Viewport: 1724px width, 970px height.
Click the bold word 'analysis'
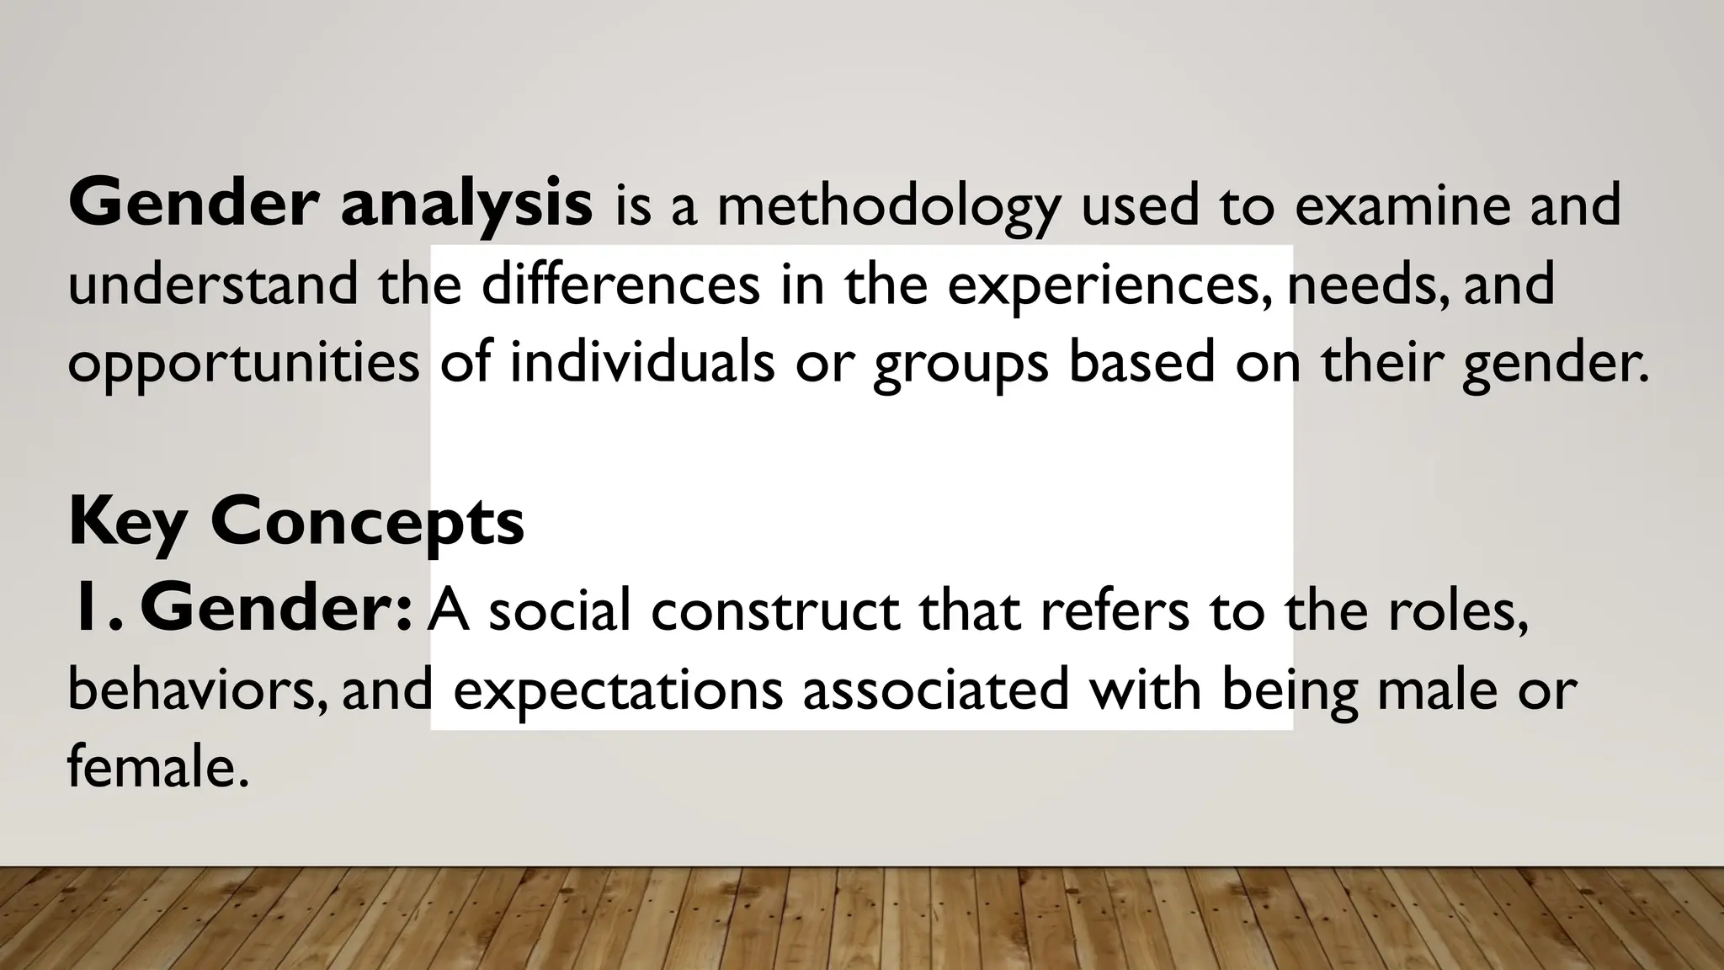point(466,205)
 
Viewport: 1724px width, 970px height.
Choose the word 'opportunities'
point(243,364)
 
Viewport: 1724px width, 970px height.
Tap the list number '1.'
point(99,610)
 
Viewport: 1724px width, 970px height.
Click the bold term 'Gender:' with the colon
point(277,610)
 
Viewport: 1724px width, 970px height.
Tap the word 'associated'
point(935,689)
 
